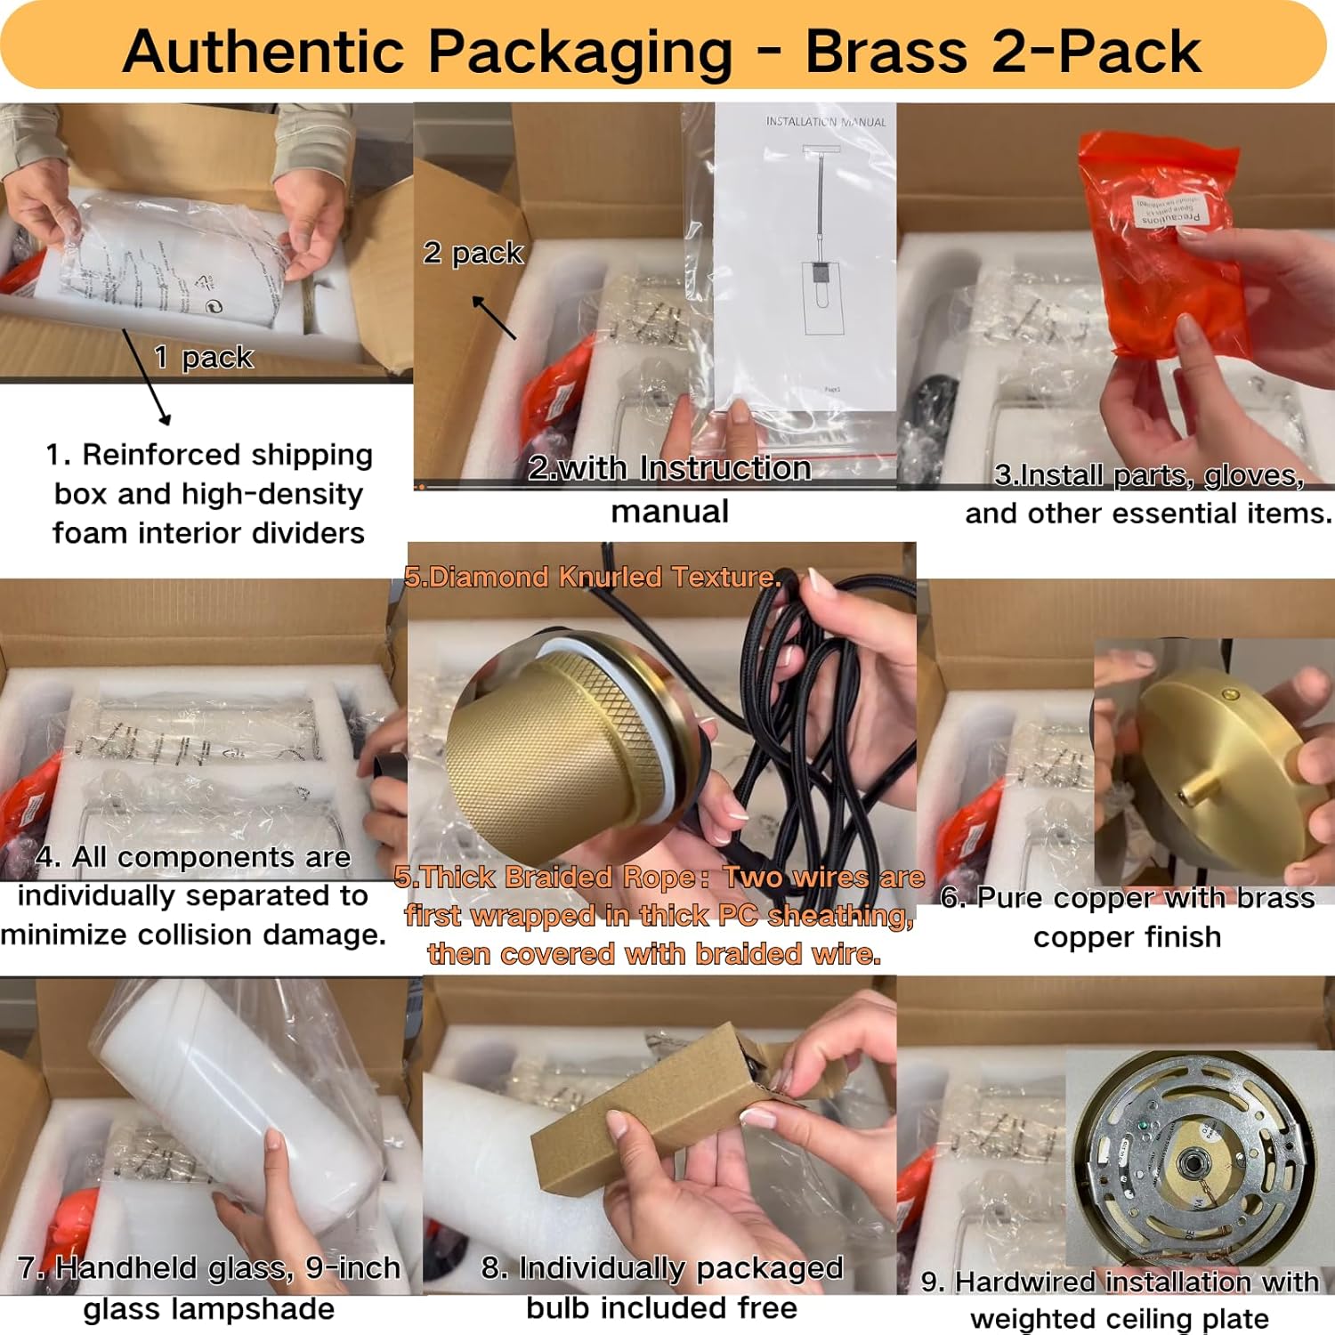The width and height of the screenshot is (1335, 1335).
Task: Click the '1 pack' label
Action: (204, 358)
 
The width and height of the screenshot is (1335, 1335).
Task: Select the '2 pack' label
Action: (473, 253)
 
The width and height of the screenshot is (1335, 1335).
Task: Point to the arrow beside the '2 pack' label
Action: (494, 318)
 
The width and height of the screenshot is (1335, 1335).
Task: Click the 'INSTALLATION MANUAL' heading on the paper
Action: (826, 122)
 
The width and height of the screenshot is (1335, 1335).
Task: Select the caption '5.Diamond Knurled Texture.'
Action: (592, 577)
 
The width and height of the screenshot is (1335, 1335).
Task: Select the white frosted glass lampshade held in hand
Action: (240, 1104)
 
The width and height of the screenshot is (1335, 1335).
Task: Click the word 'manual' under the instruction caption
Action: (669, 512)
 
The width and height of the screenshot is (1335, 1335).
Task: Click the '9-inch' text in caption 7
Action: (352, 1267)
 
